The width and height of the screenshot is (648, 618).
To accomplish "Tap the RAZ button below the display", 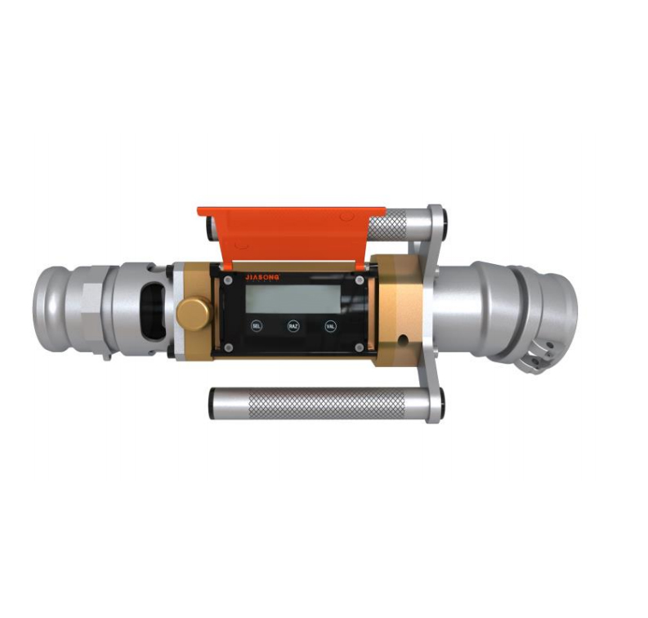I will click(x=293, y=325).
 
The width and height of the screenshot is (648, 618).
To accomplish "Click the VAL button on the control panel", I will click(x=330, y=325).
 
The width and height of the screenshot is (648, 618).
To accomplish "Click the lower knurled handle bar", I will click(x=327, y=403).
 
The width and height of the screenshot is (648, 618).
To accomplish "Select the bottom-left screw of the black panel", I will click(x=229, y=347).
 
